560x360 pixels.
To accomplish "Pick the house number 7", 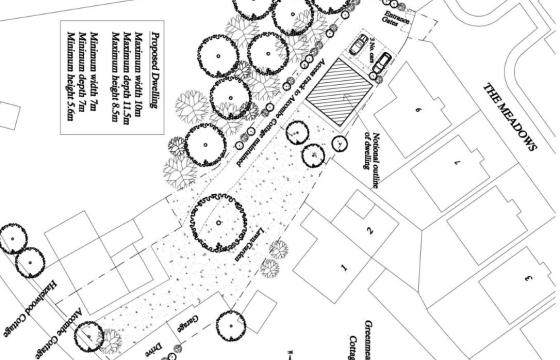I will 456,160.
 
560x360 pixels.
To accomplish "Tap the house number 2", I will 370,232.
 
